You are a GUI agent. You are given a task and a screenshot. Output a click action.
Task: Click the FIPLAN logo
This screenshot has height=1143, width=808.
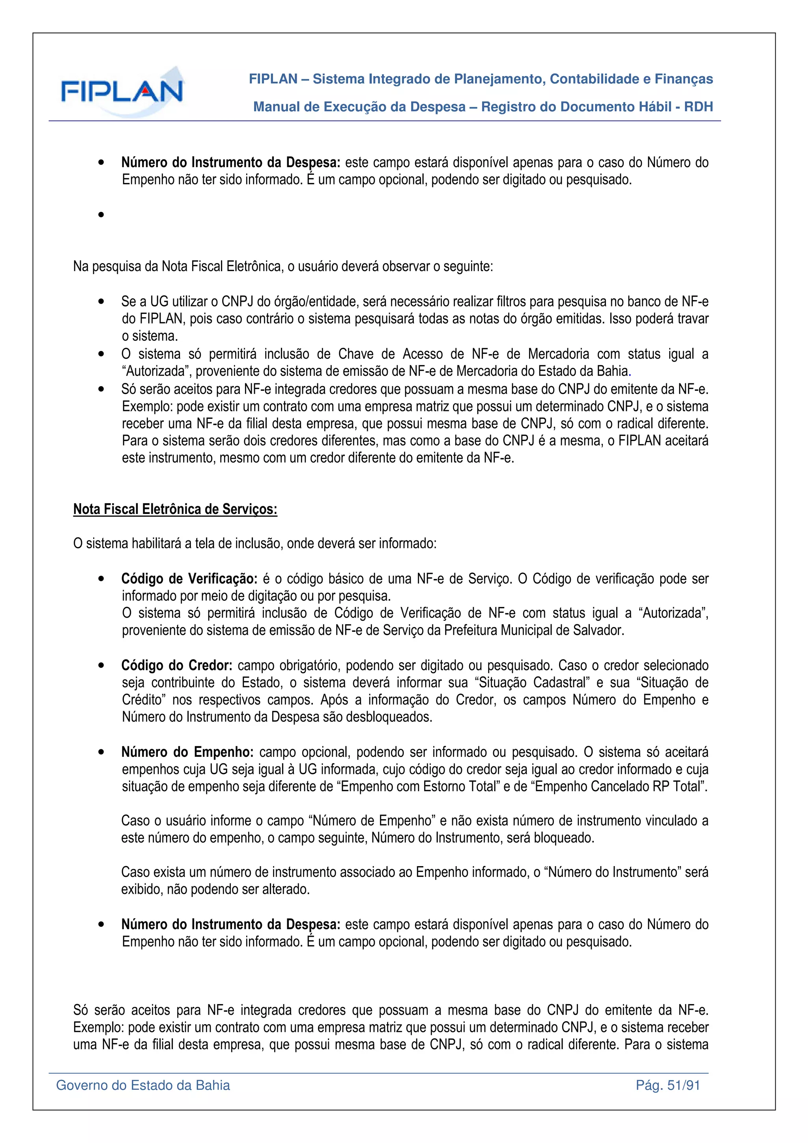pos(122,91)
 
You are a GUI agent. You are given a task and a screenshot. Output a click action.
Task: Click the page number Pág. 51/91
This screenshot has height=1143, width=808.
pos(668,1085)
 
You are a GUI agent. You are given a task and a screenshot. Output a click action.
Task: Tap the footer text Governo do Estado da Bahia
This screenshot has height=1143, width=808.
pos(143,1085)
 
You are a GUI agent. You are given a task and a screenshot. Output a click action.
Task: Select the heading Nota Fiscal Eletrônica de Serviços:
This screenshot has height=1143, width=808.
pos(175,509)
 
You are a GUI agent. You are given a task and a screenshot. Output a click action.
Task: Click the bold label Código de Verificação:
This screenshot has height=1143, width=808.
pos(189,579)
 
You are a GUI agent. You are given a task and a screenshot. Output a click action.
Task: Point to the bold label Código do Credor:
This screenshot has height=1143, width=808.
pos(177,666)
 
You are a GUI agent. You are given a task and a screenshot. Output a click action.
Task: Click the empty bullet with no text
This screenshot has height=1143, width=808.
pos(101,215)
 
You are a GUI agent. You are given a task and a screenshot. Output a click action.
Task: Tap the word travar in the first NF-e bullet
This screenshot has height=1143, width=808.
pos(692,319)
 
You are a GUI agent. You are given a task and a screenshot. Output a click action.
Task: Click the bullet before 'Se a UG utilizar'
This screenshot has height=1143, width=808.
pos(101,302)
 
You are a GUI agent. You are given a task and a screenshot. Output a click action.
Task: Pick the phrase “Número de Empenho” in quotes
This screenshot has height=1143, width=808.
pos(371,820)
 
